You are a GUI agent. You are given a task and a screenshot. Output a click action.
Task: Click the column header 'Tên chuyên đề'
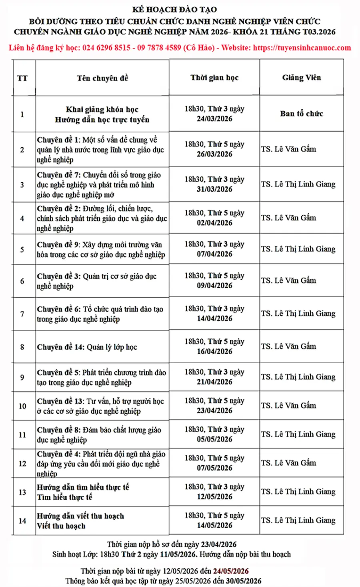[102, 78]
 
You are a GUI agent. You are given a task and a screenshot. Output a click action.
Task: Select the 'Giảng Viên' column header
[301, 78]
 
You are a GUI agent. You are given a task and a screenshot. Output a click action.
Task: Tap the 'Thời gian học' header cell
[214, 78]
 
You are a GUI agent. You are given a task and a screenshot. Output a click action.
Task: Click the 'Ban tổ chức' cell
[301, 114]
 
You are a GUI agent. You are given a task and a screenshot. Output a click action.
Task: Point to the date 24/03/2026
[214, 119]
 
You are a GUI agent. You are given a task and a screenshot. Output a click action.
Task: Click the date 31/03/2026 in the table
[214, 189]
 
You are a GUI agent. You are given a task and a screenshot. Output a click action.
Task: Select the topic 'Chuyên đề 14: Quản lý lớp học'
[87, 347]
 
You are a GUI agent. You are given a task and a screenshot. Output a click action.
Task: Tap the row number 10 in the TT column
[22, 406]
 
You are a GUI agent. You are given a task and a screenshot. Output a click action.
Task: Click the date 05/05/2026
[214, 439]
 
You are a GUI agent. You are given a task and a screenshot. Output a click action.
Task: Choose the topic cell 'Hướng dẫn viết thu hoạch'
[80, 516]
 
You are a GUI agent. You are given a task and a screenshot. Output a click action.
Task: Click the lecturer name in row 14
[298, 520]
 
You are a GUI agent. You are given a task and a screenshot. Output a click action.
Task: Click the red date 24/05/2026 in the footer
[231, 571]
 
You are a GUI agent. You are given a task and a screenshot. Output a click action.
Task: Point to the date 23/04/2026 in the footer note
[218, 545]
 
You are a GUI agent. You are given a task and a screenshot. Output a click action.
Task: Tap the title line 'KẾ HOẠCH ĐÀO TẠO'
[175, 9]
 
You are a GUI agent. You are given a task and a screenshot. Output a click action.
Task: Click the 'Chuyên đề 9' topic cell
[101, 249]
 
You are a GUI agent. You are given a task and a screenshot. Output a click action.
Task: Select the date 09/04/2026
[214, 286]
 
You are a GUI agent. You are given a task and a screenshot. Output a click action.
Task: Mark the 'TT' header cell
[22, 78]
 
